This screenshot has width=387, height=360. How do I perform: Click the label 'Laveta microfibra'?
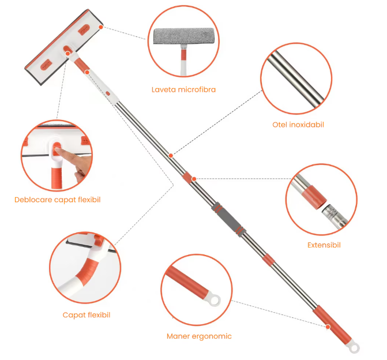click(183, 89)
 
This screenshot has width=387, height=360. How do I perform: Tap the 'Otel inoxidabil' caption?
click(298, 125)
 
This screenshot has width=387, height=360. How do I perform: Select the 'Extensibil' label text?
click(324, 245)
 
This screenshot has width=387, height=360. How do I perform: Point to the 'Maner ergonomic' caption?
click(199, 336)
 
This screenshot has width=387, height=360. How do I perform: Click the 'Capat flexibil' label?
click(87, 315)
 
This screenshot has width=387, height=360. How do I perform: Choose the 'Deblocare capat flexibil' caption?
click(58, 200)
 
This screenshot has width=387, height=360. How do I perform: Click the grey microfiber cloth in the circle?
click(184, 36)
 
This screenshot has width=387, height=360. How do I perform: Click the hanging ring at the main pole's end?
click(354, 348)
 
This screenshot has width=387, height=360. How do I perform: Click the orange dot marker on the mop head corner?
click(101, 27)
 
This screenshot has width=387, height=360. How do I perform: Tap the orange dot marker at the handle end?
click(328, 327)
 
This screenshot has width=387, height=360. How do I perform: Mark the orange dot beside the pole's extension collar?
click(194, 179)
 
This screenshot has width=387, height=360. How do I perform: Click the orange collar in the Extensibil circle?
click(314, 197)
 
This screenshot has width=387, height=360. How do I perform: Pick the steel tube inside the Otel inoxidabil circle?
click(296, 79)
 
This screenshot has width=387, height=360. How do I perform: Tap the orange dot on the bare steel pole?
click(171, 156)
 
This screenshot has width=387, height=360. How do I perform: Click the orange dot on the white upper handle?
click(87, 72)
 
